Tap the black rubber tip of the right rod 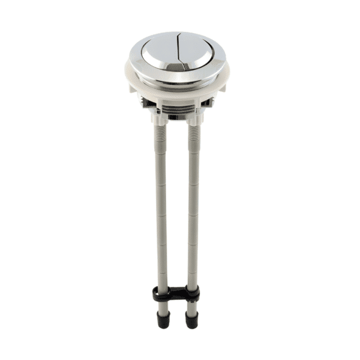coord(191,321)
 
